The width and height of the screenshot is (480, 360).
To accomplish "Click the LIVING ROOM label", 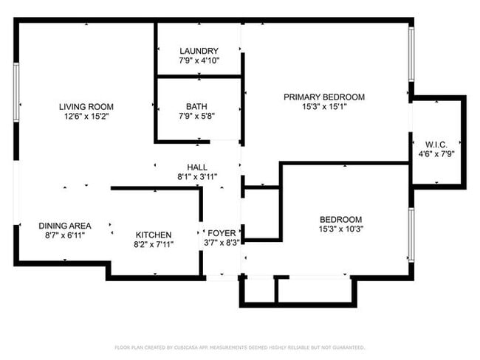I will (86, 106).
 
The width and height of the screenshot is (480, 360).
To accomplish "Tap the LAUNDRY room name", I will (199, 51).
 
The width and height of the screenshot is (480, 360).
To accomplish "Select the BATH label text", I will (196, 106).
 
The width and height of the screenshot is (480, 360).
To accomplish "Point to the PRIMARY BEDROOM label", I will (324, 97).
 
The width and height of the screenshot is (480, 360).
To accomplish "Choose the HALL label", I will (197, 167).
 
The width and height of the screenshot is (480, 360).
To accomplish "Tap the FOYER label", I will (221, 233).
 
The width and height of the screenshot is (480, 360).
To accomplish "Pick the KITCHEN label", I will (153, 235).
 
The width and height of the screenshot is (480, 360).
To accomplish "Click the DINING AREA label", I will (65, 226).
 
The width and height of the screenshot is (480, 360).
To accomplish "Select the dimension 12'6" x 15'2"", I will (86, 116).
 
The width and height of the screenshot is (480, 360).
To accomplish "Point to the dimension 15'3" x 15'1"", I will (324, 106).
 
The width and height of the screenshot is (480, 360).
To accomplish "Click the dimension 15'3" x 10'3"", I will (340, 229).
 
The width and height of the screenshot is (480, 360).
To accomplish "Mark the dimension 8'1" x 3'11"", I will (197, 177).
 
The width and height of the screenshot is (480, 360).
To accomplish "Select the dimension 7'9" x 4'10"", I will (199, 60).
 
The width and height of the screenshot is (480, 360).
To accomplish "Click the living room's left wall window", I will (16, 91).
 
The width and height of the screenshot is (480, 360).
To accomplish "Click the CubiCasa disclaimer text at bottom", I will (240, 347).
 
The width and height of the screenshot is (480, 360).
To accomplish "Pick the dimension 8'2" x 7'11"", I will (153, 244).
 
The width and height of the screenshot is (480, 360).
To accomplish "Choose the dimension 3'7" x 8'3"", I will (221, 243).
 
